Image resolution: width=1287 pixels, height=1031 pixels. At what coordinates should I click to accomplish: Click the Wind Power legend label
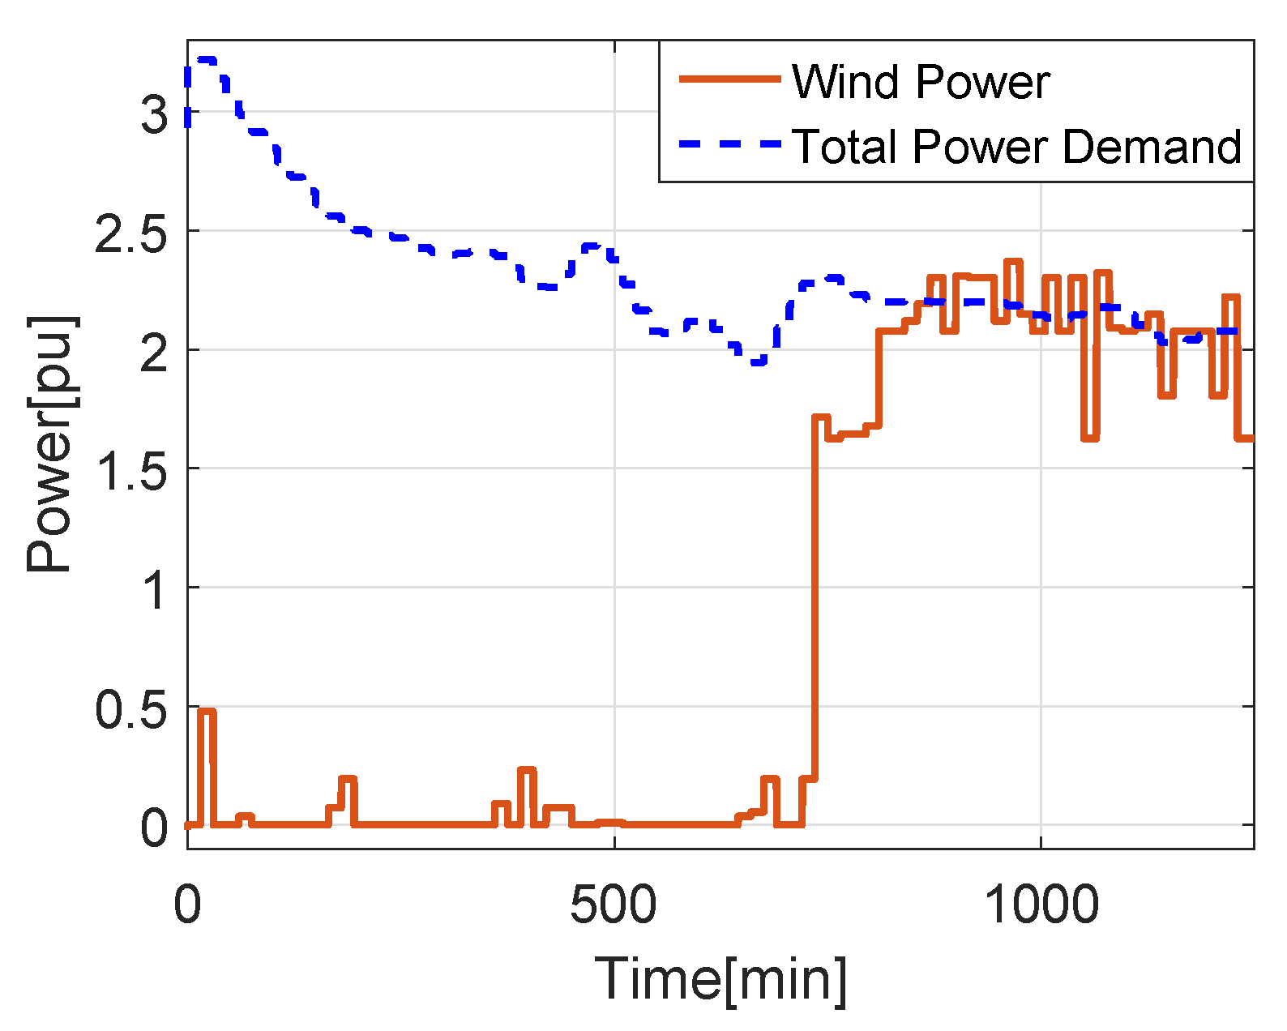click(920, 82)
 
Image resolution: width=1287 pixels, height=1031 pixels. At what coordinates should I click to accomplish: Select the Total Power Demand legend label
click(1016, 147)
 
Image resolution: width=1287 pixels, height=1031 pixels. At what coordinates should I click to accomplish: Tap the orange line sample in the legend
click(729, 79)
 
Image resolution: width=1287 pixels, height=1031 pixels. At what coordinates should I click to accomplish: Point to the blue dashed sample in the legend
click(729, 144)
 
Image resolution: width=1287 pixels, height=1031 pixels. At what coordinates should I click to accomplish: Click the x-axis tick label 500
click(614, 905)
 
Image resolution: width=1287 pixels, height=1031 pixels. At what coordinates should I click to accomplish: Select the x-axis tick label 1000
click(1041, 905)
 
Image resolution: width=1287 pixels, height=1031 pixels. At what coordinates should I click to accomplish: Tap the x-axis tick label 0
click(187, 905)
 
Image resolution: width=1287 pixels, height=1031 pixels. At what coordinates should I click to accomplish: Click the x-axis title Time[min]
click(720, 979)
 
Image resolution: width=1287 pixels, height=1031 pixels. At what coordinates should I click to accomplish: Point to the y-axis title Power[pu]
click(50, 444)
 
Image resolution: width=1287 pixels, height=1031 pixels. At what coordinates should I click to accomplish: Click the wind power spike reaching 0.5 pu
click(207, 712)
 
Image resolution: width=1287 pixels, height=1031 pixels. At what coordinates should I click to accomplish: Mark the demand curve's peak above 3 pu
click(204, 60)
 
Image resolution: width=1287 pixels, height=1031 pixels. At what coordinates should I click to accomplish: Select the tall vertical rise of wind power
click(815, 600)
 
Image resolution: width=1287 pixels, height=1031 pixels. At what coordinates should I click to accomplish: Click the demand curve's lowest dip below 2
click(759, 361)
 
